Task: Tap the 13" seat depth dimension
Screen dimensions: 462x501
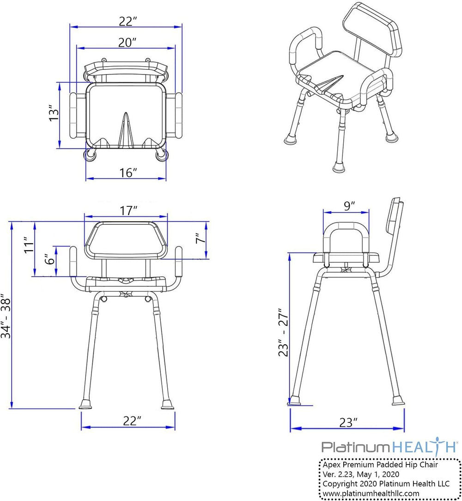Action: click(54, 112)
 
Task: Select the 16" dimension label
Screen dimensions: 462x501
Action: click(128, 173)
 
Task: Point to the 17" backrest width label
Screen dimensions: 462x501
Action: click(128, 210)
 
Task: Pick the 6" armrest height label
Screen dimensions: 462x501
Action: click(50, 259)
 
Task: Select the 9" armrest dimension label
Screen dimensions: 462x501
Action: click(349, 206)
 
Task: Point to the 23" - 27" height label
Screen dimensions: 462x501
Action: click(283, 332)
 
